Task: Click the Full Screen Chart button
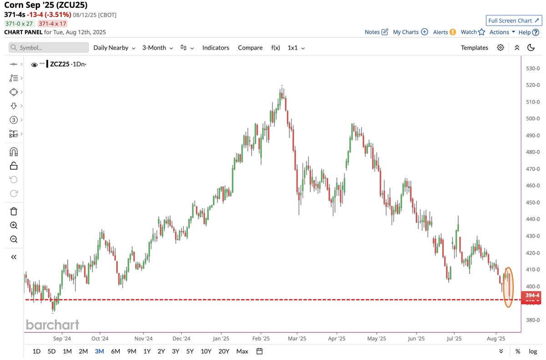513,20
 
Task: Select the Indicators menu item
216,48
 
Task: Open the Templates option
474,48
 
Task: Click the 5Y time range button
190,351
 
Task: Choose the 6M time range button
116,351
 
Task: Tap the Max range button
242,351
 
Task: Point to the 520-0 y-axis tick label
532,85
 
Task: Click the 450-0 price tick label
532,203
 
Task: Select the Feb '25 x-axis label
261,339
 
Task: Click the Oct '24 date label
100,339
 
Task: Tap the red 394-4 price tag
532,296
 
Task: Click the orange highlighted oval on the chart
508,287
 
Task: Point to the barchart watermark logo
52,325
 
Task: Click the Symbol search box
49,48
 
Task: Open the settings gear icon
500,48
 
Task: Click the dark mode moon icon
531,48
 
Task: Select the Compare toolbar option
250,48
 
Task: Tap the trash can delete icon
14,211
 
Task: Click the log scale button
533,351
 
